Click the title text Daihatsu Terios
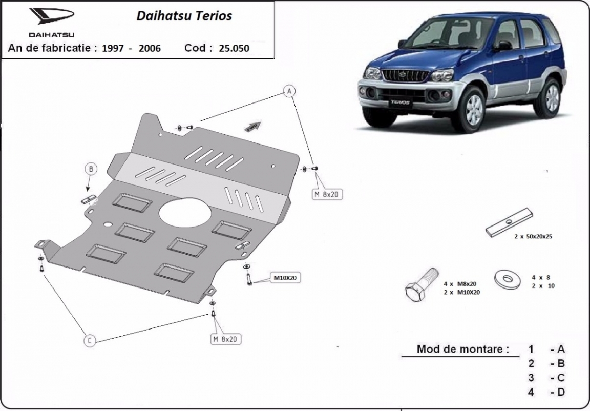tap(184, 16)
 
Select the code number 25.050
tap(234, 48)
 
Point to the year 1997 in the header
tap(112, 48)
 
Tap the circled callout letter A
tap(289, 92)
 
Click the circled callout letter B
tap(90, 169)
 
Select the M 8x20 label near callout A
tap(327, 194)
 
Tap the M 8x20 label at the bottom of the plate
tap(225, 339)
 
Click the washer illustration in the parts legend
tap(507, 279)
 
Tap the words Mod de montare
tap(463, 349)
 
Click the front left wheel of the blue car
tap(473, 110)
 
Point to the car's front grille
tap(406, 76)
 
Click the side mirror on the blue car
tap(504, 46)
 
